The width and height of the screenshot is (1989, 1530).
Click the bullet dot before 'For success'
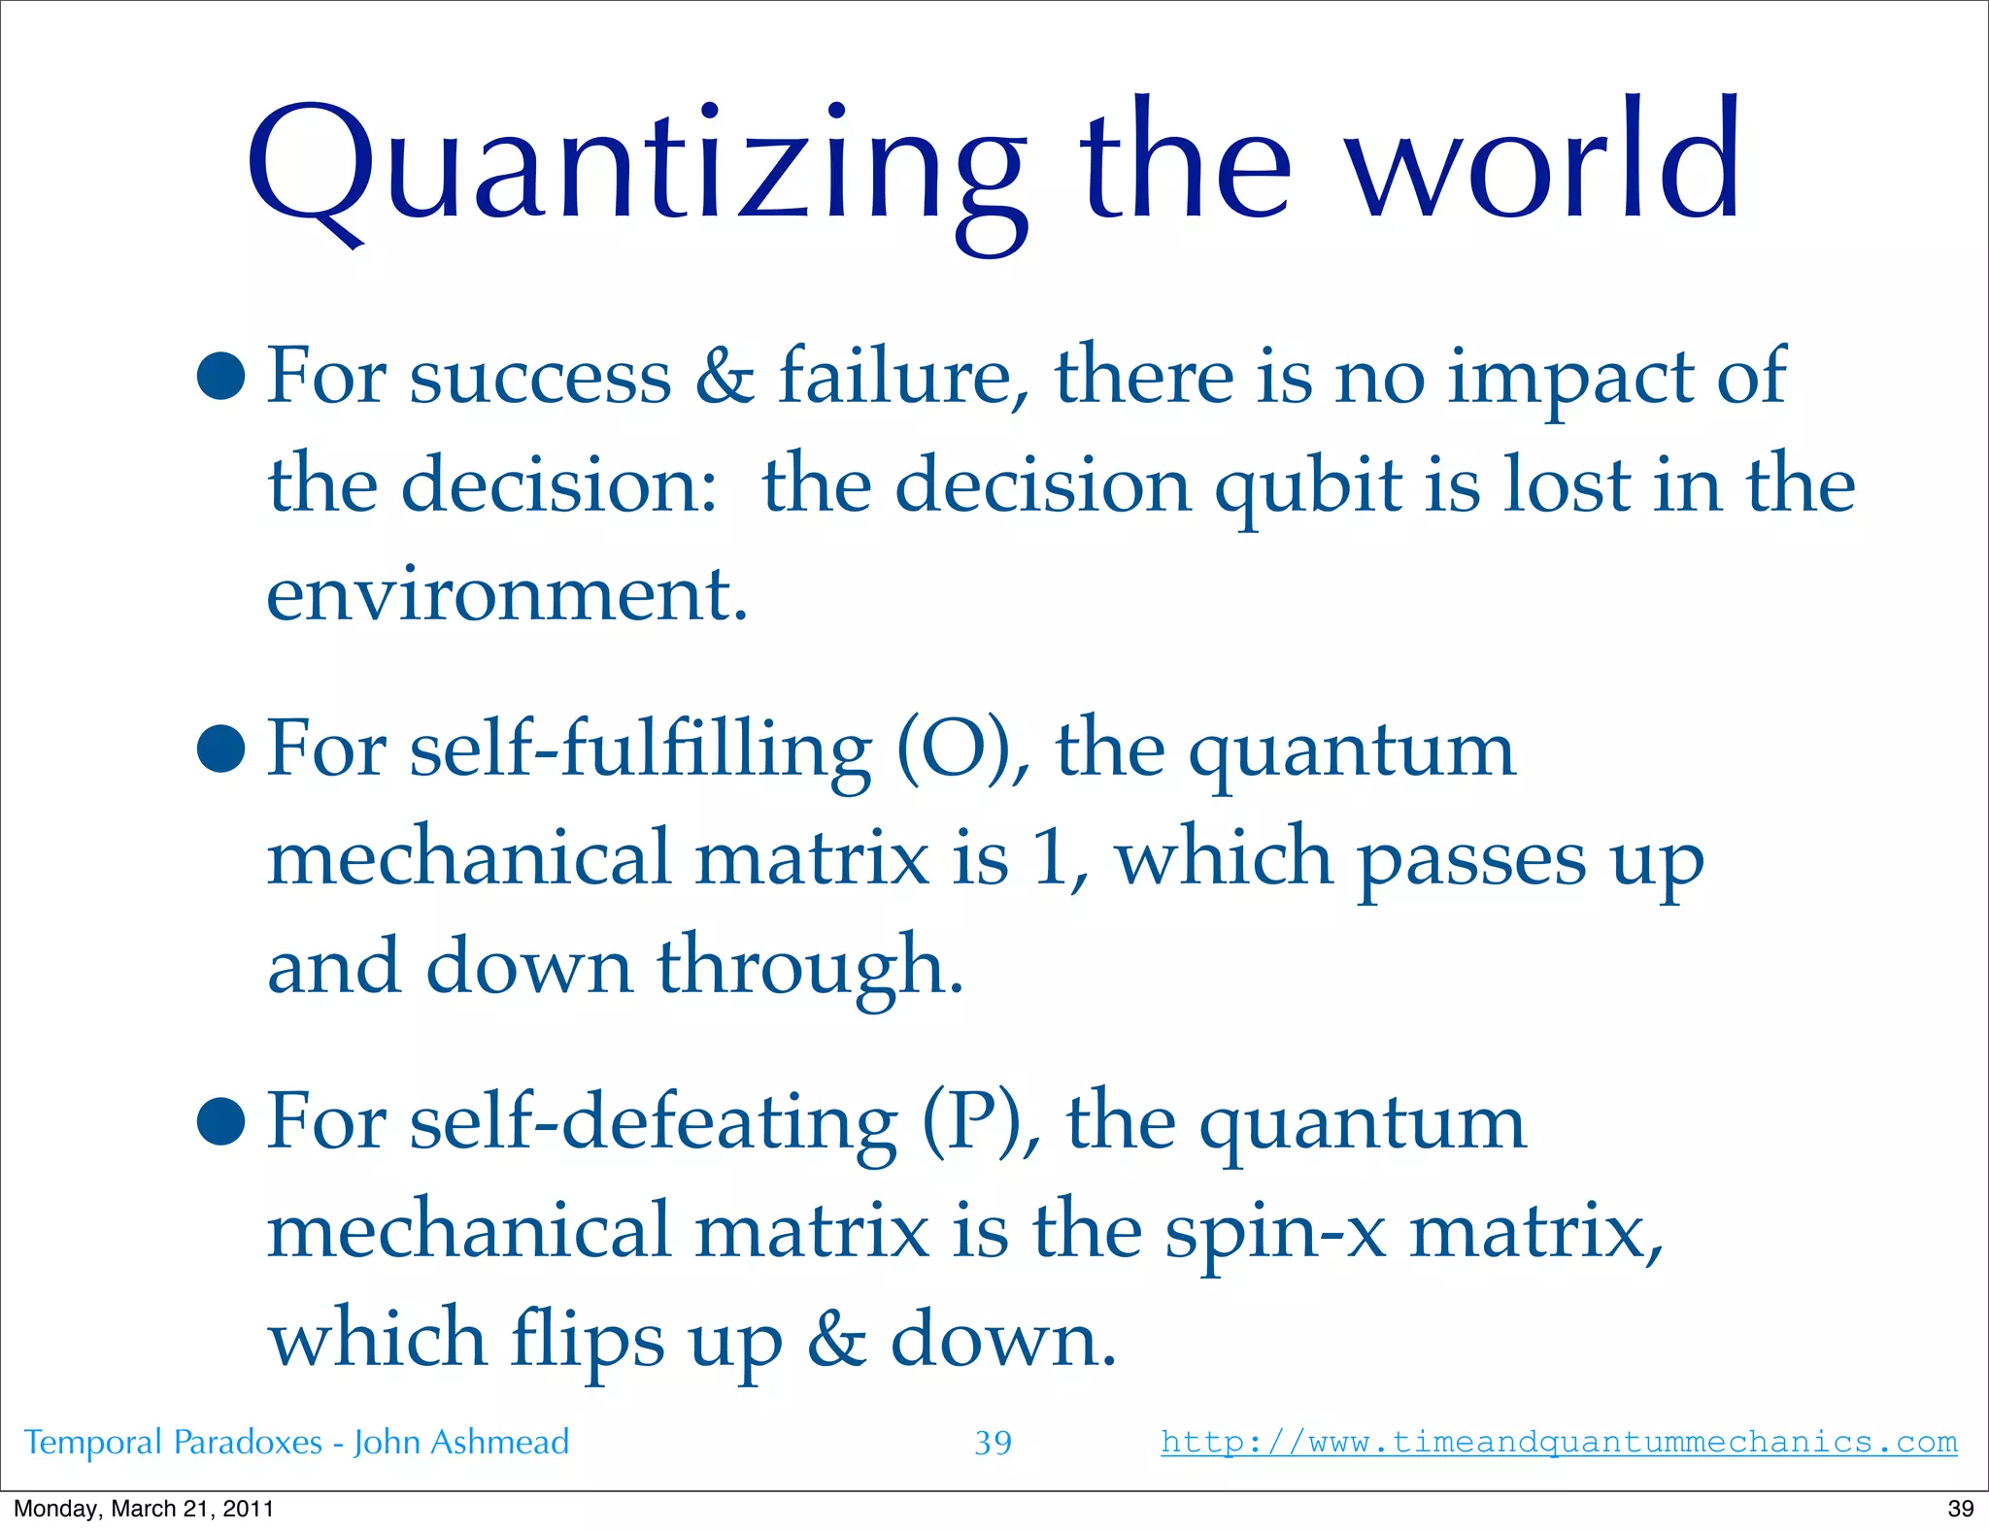(220, 376)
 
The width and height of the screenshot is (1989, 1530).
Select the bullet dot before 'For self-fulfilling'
(220, 749)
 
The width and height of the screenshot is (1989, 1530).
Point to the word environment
(505, 594)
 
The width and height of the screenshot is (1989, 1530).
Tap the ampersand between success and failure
(725, 376)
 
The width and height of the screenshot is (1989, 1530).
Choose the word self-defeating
(653, 1124)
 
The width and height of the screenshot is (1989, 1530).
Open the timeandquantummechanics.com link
(1558, 1442)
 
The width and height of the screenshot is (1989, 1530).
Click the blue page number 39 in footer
(993, 1443)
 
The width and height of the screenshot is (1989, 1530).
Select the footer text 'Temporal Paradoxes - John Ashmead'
(296, 1443)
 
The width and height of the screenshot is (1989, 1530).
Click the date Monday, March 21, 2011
(144, 1508)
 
